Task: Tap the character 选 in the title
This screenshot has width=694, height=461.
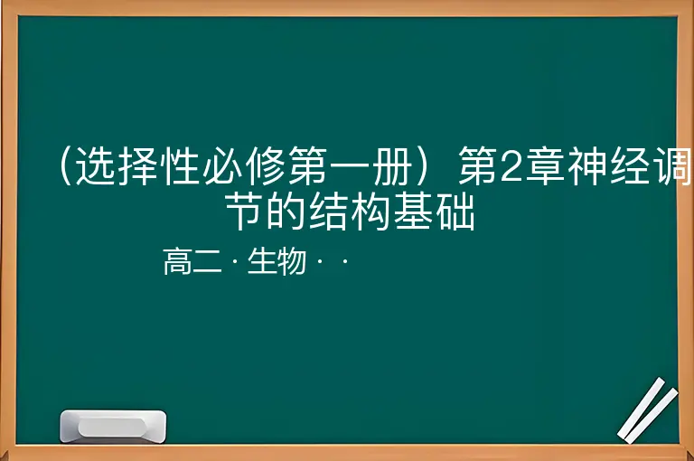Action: pos(96,166)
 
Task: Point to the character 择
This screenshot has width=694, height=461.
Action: pos(138,166)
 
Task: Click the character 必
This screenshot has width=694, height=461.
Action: pos(223,166)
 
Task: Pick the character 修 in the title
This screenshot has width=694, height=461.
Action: pos(266,166)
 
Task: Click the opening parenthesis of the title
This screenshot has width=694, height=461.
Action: pos(65,166)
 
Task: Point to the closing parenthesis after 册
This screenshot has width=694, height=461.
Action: pos(423,166)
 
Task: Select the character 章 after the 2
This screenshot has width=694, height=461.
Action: pos(544,166)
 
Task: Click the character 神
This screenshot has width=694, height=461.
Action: pos(586,166)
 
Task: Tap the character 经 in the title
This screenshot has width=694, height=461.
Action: pos(629,166)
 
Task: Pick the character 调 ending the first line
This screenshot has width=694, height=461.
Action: pos(672,166)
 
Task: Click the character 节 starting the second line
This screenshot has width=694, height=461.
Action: pos(245,212)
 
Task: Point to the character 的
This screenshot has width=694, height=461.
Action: pos(286,212)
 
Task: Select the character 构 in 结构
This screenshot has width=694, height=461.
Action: pos(371,212)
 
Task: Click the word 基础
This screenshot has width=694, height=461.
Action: pos(435,212)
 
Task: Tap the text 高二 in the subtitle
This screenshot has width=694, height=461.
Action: pos(192,261)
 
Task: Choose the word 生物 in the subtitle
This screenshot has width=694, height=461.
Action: pos(277,261)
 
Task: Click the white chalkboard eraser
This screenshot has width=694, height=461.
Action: pos(113,427)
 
